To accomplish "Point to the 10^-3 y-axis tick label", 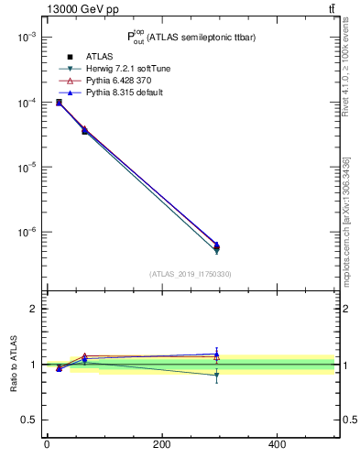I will click(25, 38).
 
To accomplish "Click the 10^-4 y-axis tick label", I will click(25, 103).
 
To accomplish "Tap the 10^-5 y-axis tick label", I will click(25, 168).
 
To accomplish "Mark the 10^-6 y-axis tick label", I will click(25, 233).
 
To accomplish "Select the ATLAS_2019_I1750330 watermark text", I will click(191, 274).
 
